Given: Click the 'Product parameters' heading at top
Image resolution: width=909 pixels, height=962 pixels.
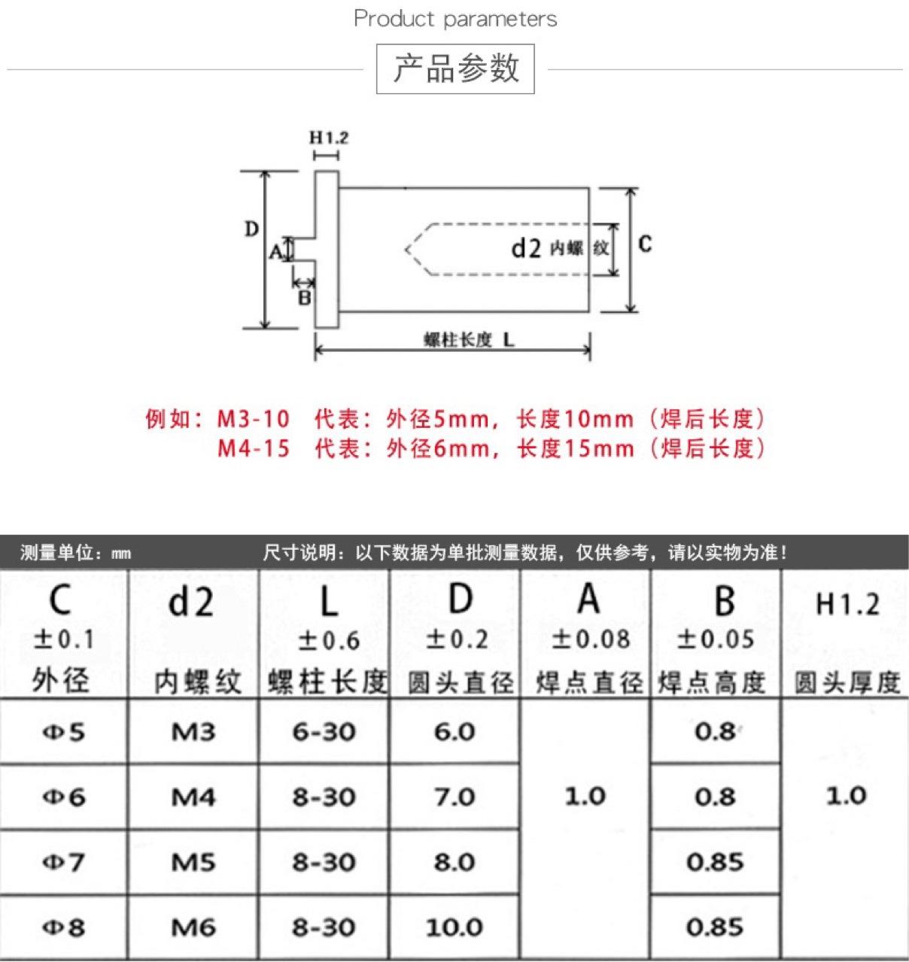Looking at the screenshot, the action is pyautogui.click(x=455, y=19).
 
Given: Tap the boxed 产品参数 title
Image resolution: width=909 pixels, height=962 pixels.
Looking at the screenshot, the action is pyautogui.click(x=455, y=68).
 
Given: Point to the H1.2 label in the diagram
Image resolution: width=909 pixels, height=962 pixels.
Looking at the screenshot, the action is pyautogui.click(x=329, y=138).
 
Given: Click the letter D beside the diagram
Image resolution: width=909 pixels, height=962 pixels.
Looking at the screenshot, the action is pyautogui.click(x=251, y=229).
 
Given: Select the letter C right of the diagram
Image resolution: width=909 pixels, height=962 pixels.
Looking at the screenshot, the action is pyautogui.click(x=645, y=244).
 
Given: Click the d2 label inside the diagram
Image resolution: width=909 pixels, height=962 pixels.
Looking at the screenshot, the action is pyautogui.click(x=526, y=247).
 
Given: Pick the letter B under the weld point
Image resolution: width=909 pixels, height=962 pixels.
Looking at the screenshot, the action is pyautogui.click(x=304, y=298).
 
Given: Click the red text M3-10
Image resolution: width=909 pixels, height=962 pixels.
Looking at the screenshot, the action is pyautogui.click(x=253, y=419).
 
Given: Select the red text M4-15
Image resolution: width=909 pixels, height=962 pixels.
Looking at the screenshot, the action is pyautogui.click(x=253, y=449).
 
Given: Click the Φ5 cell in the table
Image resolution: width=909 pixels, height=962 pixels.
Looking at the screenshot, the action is pyautogui.click(x=64, y=731).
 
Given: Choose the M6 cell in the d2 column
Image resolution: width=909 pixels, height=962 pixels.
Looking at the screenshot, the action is pyautogui.click(x=193, y=927).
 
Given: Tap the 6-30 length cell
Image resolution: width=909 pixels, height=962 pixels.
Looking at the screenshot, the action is pyautogui.click(x=324, y=731).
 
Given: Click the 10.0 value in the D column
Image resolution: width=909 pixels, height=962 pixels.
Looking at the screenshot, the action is pyautogui.click(x=454, y=927).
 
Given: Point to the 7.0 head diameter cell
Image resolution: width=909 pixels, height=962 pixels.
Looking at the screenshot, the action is pyautogui.click(x=454, y=797).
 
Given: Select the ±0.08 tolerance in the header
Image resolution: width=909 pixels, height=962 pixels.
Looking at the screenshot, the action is pyautogui.click(x=591, y=639).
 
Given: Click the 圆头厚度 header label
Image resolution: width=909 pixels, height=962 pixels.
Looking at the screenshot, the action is pyautogui.click(x=847, y=683).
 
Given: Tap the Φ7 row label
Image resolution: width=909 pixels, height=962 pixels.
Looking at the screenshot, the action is pyautogui.click(x=64, y=862).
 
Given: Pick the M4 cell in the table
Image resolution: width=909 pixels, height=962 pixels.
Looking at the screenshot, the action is pyautogui.click(x=193, y=797).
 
